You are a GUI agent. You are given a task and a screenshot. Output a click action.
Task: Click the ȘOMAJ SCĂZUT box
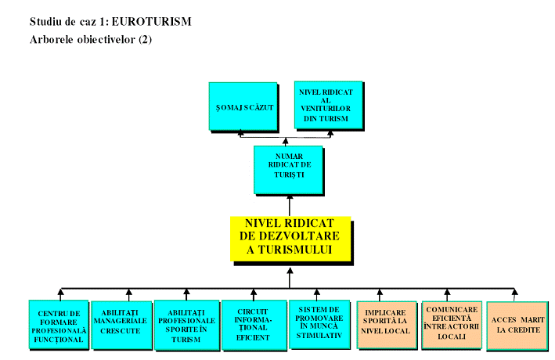pyautogui.click(x=243, y=106)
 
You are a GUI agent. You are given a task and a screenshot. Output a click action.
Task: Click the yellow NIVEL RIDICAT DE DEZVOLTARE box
pyautogui.click(x=290, y=237)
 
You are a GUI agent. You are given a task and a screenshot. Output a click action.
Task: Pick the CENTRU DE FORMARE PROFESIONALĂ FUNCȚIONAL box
pyautogui.click(x=58, y=326)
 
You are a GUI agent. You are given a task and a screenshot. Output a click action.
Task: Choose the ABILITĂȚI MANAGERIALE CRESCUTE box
pyautogui.click(x=120, y=325)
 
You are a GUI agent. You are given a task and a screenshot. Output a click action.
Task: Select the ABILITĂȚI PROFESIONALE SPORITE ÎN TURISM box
pyautogui.click(x=186, y=326)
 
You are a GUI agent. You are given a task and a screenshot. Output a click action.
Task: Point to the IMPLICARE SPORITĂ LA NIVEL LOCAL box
pyautogui.click(x=387, y=324)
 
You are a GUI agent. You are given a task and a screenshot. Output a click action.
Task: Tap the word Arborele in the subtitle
pyautogui.click(x=51, y=39)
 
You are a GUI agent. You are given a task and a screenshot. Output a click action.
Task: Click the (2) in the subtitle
pyautogui.click(x=145, y=39)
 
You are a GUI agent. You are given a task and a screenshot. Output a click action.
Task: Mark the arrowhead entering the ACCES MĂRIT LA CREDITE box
pyautogui.click(x=514, y=295)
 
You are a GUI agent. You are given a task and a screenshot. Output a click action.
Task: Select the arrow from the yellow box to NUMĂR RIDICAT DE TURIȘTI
pyautogui.click(x=290, y=205)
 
